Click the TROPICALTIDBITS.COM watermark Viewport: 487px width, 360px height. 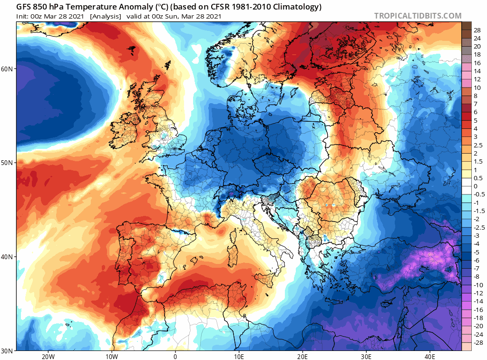click(x=418, y=16)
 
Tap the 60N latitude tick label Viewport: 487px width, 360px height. click(x=8, y=69)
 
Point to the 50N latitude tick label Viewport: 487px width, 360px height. click(x=8, y=163)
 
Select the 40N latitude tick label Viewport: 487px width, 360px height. click(x=8, y=257)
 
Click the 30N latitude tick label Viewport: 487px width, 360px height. click(x=8, y=351)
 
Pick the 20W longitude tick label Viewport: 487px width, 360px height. click(x=48, y=356)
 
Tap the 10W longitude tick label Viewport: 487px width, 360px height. click(x=111, y=356)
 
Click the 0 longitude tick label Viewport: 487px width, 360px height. click(x=175, y=356)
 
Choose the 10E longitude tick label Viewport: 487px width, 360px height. click(x=239, y=356)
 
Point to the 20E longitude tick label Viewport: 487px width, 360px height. click(x=302, y=356)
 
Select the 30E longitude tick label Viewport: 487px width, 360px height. click(x=366, y=356)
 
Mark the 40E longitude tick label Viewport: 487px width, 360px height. click(x=430, y=356)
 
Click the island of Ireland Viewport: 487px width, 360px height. click(x=127, y=125)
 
